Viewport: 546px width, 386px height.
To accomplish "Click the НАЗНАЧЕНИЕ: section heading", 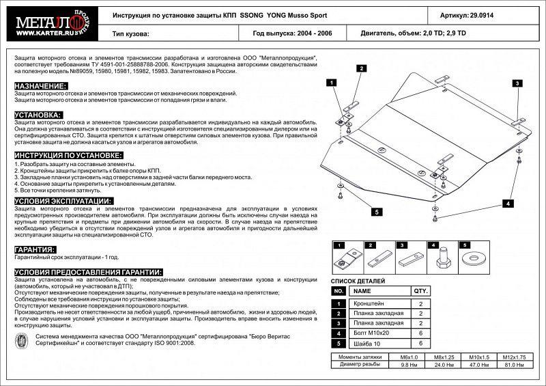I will coord(40,86).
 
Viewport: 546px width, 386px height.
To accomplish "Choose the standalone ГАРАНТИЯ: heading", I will coord(35,250).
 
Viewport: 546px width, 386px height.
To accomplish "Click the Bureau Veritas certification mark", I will coord(23,340).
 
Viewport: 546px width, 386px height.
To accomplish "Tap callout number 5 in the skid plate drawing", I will coord(375,212).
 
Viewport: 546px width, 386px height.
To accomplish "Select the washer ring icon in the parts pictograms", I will coord(474,258).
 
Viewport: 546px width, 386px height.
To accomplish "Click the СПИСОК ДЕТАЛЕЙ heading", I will coord(358,281).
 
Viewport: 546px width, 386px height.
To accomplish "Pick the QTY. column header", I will coord(421,290).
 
